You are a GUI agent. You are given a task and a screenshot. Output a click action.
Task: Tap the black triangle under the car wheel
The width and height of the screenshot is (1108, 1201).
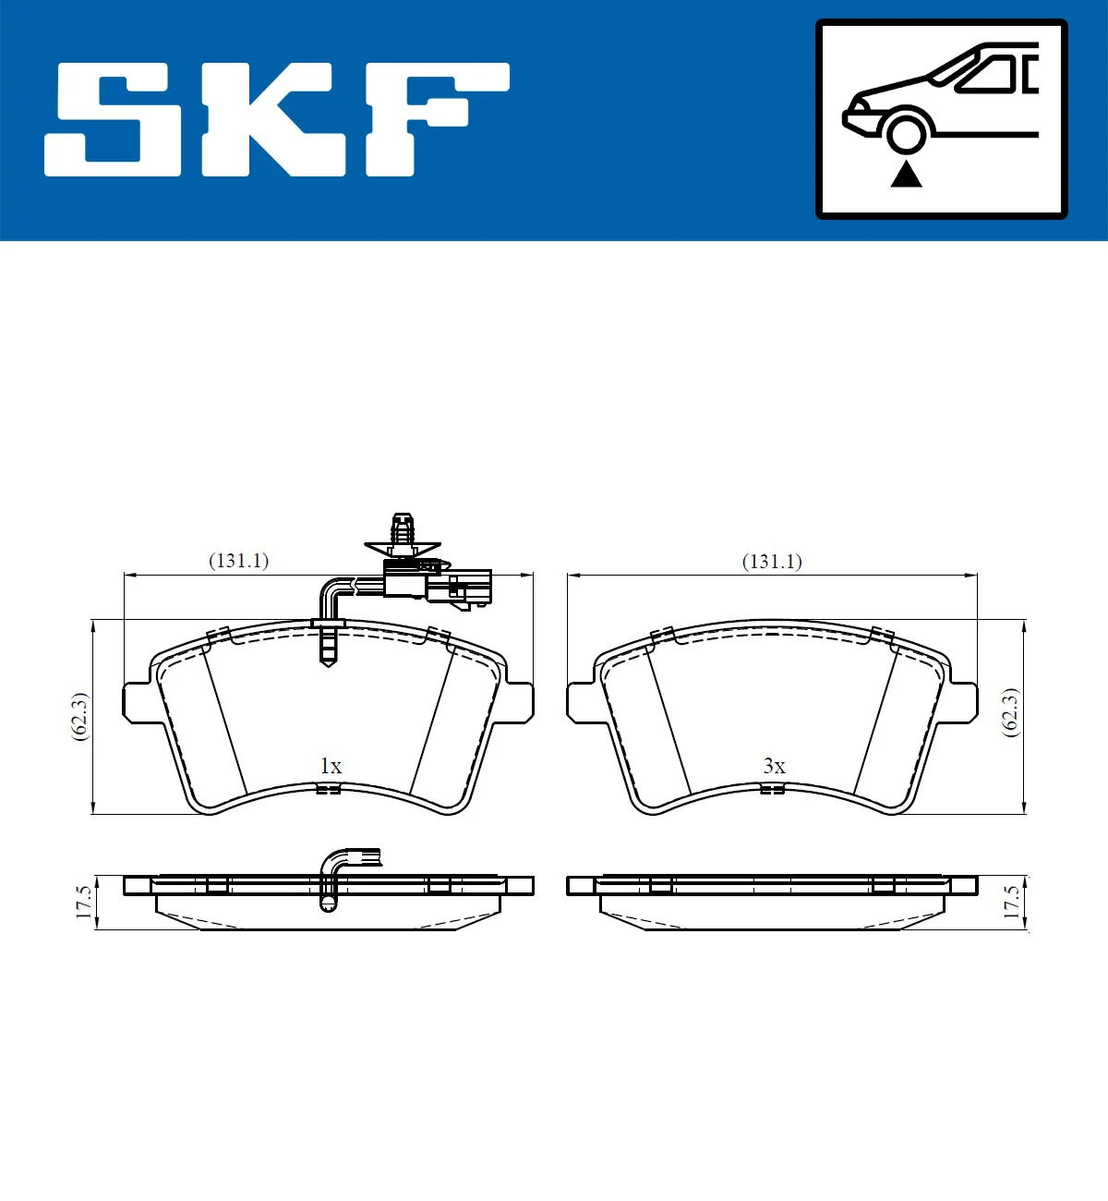point(906,174)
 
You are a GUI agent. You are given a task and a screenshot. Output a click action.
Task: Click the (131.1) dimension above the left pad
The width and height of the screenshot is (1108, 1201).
point(238,561)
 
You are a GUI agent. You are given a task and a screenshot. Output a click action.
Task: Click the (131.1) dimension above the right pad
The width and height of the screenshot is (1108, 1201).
point(772,562)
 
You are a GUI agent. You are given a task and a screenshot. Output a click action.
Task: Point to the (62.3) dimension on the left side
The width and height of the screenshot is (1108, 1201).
point(80,716)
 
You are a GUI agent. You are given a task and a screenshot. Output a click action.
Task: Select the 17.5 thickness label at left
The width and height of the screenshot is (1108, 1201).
point(84,902)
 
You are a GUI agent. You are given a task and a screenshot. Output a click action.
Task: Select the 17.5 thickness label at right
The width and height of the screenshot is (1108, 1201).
point(1012,902)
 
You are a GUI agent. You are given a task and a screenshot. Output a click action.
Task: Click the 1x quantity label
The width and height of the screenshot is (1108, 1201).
point(331,766)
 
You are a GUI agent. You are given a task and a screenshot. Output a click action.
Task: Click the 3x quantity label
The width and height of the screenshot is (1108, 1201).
point(774,766)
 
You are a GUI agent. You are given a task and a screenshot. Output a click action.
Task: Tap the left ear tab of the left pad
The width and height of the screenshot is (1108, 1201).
point(136,702)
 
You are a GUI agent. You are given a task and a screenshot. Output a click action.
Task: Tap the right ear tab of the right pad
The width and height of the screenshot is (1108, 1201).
point(963,702)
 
